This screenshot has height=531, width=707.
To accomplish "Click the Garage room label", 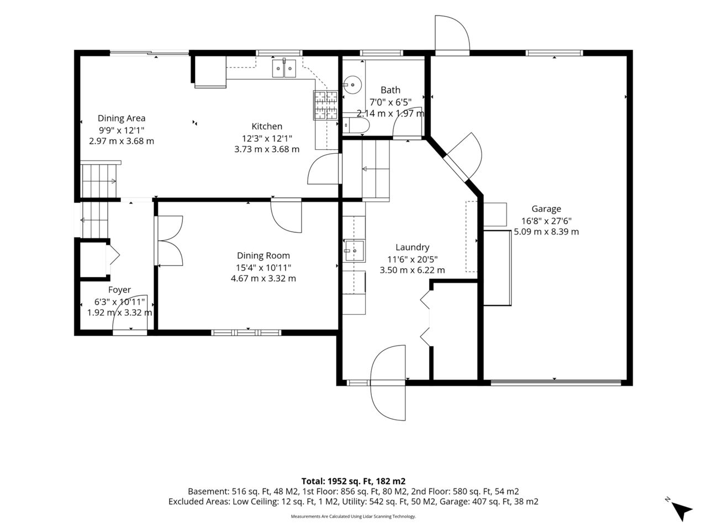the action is [546, 209].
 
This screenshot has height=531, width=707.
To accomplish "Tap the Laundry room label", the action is [412, 247].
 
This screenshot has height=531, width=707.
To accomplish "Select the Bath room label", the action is [391, 90].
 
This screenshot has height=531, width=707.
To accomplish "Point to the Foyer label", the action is [119, 290].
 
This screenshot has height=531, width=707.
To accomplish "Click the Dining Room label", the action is [263, 256].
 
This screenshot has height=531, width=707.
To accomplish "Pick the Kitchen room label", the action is [267, 126].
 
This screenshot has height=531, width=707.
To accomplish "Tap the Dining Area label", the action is [122, 118].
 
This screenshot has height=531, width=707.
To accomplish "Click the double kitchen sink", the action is [284, 69].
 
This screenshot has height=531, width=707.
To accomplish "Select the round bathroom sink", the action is [352, 85].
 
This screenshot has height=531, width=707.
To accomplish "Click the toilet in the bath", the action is [356, 126].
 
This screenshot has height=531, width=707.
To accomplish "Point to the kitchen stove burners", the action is [325, 105].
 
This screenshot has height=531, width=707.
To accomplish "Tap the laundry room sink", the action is [353, 251].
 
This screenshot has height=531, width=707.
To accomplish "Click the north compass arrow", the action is [682, 510].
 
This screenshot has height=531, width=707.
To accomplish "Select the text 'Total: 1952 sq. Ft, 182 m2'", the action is [353, 481].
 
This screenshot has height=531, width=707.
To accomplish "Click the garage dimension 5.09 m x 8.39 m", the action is [546, 232].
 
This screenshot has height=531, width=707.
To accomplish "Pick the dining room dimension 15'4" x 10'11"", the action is [263, 268].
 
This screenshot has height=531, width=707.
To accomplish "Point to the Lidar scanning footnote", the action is [353, 516].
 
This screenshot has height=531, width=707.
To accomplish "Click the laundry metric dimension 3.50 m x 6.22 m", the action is [412, 270].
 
